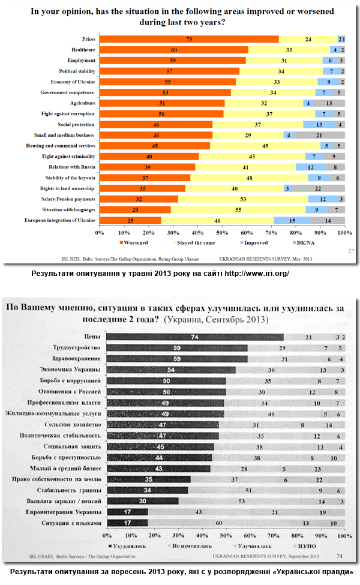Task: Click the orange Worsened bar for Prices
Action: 188,39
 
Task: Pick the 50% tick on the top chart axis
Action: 222,232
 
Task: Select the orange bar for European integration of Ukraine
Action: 130,221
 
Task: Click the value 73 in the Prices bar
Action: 188,39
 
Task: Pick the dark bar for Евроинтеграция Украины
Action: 127,512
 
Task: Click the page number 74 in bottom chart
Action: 340,557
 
